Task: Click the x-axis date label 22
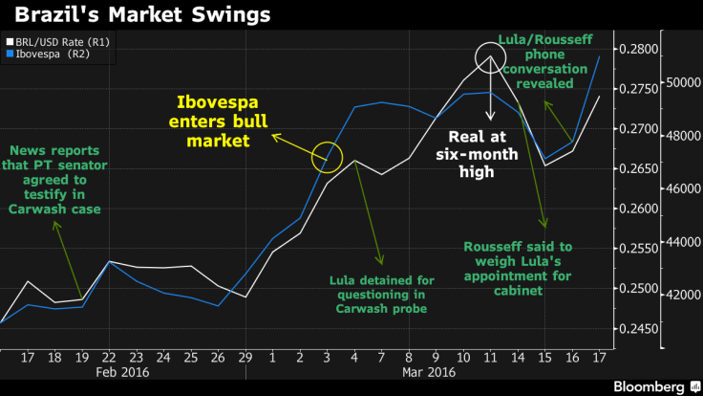point(110,356)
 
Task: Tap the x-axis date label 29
point(246,356)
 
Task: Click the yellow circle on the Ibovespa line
point(328,155)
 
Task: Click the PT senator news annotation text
point(56,179)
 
